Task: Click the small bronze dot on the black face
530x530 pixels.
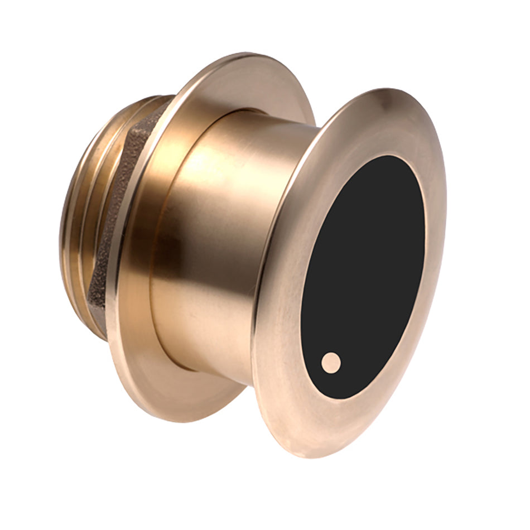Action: tap(331, 362)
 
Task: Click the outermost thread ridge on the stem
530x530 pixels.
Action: tap(64, 223)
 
